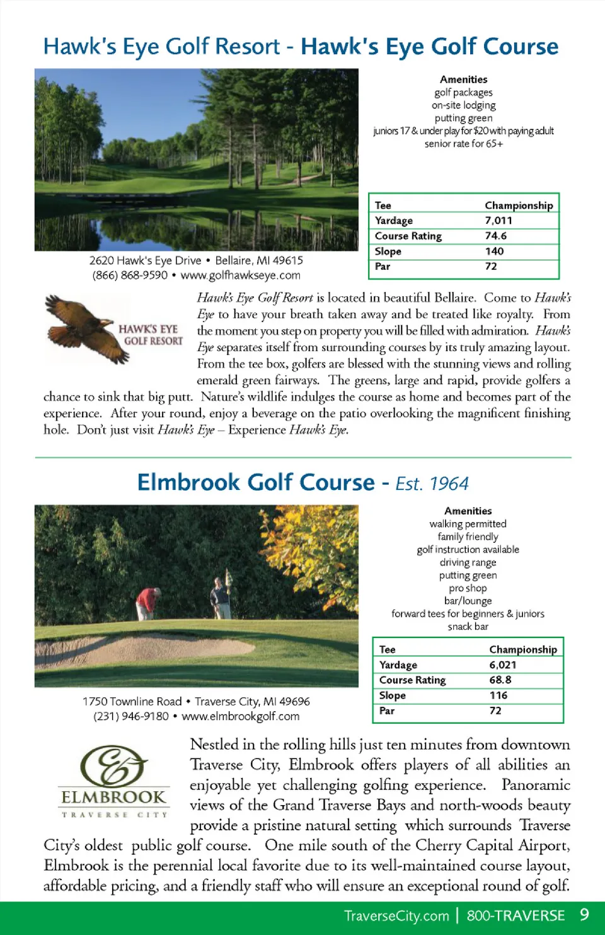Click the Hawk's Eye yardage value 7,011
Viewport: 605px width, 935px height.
(x=498, y=221)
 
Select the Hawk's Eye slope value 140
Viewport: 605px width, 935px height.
(x=494, y=251)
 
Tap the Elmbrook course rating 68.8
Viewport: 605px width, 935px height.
(x=500, y=680)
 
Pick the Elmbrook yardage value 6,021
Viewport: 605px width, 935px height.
(x=502, y=665)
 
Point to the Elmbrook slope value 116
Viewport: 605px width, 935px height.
(x=498, y=695)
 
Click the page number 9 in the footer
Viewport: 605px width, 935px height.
(x=584, y=915)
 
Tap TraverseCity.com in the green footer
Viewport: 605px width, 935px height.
(x=396, y=916)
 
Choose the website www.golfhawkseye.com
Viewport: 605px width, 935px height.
(x=240, y=276)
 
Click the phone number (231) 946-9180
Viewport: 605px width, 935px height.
(x=131, y=716)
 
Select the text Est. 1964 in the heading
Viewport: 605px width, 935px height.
(x=432, y=484)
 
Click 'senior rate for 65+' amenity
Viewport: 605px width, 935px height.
(x=463, y=144)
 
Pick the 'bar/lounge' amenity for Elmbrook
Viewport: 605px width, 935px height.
(x=468, y=601)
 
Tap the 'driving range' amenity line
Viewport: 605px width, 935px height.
(x=468, y=562)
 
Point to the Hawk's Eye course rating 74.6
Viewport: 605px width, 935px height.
(x=495, y=236)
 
